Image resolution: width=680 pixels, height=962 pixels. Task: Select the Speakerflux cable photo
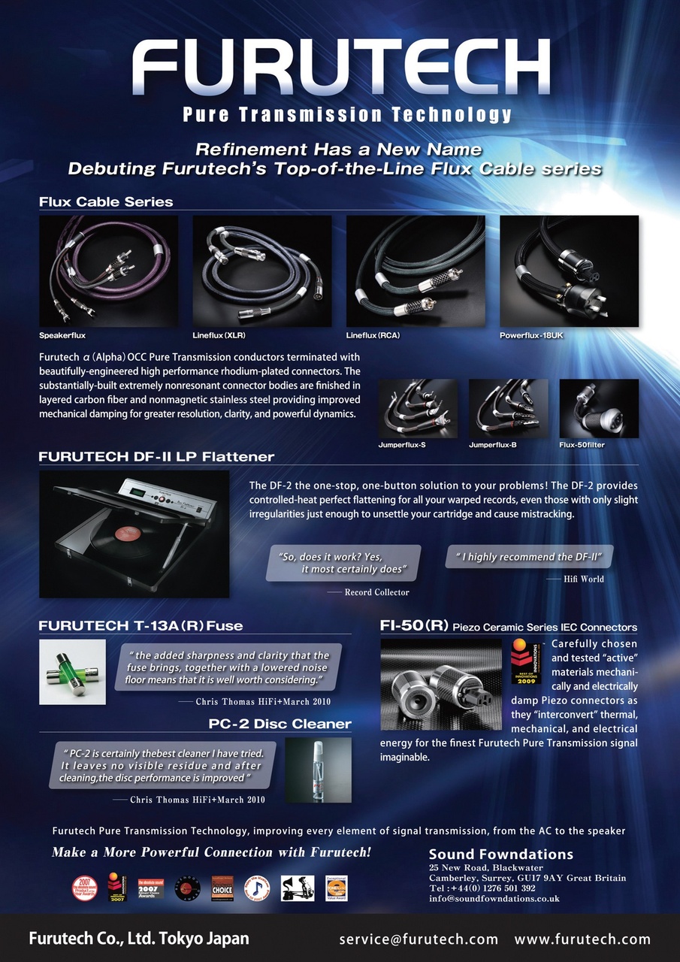[x=108, y=271]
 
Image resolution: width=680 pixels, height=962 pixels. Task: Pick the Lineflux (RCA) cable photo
[x=416, y=271]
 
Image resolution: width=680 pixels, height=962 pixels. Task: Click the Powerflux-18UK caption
[x=530, y=335]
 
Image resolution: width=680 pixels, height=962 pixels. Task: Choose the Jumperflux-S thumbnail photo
[x=416, y=408]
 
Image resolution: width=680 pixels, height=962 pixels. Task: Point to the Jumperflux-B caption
[x=494, y=445]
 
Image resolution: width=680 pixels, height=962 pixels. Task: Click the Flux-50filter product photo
[x=599, y=408]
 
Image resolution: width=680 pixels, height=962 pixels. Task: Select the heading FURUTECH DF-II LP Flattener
[x=156, y=457]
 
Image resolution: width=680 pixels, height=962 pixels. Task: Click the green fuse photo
[x=72, y=672]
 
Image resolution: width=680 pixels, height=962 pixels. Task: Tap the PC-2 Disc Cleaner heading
[x=280, y=724]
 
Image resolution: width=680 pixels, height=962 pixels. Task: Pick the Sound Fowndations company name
[x=500, y=855]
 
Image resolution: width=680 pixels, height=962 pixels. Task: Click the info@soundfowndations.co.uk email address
[x=494, y=898]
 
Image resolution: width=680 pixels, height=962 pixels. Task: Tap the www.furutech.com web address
[x=582, y=939]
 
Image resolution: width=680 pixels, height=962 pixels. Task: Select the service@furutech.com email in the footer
[x=419, y=939]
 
